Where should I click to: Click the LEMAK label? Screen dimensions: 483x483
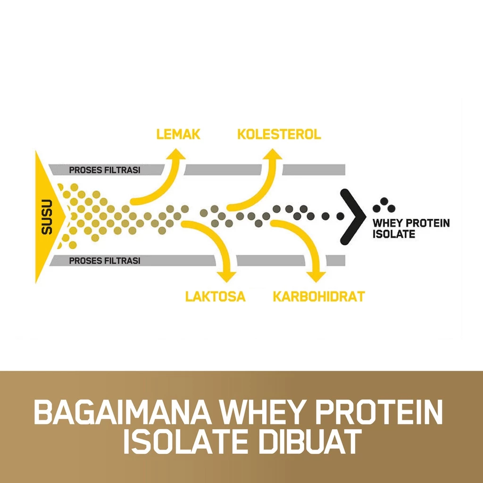(x=178, y=134)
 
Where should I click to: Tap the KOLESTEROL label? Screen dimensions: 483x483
(x=279, y=134)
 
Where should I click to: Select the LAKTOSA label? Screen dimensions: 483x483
(x=215, y=296)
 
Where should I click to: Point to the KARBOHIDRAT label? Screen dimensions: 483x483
(x=319, y=296)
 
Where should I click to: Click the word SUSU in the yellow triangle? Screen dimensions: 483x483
(x=47, y=217)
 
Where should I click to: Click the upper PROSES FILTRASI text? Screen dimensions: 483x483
(x=105, y=170)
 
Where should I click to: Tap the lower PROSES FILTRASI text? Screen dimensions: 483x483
(x=105, y=260)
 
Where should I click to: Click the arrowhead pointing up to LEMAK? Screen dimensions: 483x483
(x=176, y=154)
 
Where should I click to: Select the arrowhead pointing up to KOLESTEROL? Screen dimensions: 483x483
(x=272, y=154)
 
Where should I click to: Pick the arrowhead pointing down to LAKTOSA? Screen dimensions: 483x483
(x=226, y=276)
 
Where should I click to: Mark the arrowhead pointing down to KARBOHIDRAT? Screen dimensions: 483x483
(x=316, y=276)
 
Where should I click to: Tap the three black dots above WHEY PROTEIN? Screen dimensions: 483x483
(x=384, y=205)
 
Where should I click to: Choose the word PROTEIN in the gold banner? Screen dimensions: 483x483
(x=379, y=412)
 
